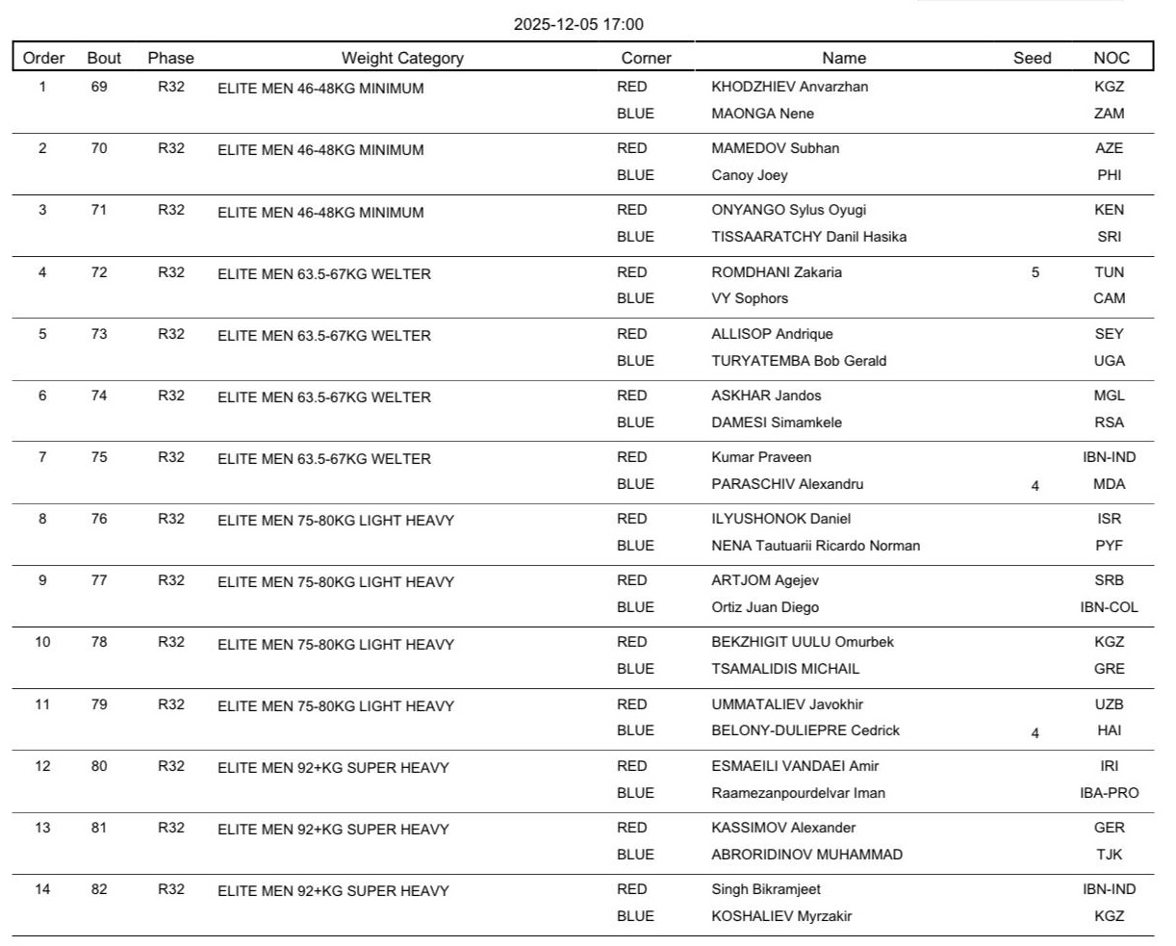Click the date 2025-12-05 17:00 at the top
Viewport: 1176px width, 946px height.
(x=578, y=25)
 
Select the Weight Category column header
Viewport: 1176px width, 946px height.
(x=402, y=58)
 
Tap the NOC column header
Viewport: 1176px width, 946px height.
(x=1111, y=58)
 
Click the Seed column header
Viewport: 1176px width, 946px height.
(x=1032, y=58)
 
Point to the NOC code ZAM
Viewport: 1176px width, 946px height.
(x=1109, y=114)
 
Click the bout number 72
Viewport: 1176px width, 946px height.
(x=99, y=272)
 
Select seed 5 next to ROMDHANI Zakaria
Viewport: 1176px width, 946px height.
(x=1035, y=272)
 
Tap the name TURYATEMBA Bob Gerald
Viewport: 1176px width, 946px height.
(x=799, y=361)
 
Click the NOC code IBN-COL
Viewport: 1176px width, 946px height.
(x=1109, y=607)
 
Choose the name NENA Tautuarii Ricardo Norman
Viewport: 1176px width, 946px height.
(x=815, y=546)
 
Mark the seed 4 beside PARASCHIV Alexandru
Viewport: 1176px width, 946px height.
(x=1035, y=486)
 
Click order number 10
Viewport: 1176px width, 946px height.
(x=42, y=642)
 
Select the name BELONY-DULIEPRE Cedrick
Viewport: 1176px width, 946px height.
(x=805, y=730)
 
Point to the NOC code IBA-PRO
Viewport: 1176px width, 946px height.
(x=1109, y=793)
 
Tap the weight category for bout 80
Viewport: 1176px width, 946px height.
(x=333, y=768)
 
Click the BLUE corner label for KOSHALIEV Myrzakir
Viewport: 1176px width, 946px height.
(x=635, y=916)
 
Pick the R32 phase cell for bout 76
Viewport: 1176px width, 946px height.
(x=171, y=519)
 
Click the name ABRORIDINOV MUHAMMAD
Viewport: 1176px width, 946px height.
(x=806, y=855)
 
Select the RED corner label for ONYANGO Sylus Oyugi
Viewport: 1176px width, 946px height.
(x=632, y=210)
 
